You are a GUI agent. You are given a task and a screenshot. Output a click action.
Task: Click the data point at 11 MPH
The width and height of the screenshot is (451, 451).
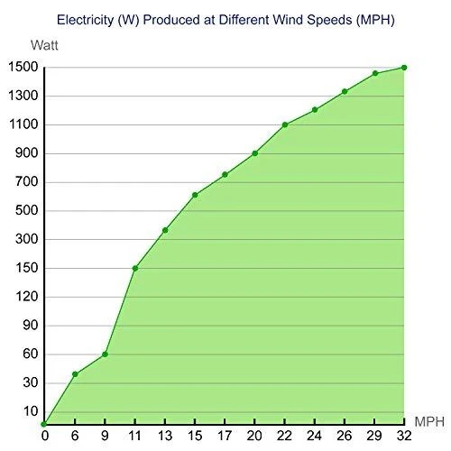[135, 268]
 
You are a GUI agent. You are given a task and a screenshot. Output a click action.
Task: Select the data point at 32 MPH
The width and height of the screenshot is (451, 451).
[404, 68]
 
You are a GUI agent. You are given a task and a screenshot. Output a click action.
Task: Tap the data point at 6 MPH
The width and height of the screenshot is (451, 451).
[75, 374]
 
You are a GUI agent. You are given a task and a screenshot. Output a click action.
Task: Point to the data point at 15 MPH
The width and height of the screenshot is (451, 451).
[195, 195]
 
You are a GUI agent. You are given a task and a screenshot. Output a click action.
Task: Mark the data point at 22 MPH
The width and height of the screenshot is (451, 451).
[285, 124]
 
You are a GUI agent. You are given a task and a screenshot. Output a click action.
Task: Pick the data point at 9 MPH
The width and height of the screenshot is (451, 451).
[105, 354]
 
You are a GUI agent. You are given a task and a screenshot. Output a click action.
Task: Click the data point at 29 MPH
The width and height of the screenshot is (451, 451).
[375, 73]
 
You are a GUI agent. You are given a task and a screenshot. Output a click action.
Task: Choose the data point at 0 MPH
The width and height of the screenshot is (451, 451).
[44, 424]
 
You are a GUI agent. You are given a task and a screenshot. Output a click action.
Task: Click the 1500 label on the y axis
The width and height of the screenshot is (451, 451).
[23, 67]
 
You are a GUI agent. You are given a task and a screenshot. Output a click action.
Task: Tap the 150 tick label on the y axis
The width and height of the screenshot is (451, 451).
[27, 268]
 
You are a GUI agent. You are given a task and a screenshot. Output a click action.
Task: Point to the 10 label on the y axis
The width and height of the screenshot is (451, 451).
[31, 411]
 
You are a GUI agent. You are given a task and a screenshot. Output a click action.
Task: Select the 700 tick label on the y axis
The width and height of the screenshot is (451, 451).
[27, 181]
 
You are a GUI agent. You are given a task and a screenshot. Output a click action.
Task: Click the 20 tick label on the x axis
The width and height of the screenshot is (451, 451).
[254, 436]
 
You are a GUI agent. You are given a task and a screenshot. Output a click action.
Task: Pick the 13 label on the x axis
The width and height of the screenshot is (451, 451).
[165, 436]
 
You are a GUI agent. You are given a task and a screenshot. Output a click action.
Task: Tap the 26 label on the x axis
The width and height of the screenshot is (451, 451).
[345, 436]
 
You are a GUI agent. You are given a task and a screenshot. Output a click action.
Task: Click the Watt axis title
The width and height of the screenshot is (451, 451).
[44, 45]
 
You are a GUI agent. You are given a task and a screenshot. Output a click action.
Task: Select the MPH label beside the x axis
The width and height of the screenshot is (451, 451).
[429, 422]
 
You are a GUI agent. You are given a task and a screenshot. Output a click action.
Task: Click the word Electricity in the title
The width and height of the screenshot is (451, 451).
[85, 20]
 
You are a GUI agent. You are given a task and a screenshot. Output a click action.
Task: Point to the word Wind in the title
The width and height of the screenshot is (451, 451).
[288, 20]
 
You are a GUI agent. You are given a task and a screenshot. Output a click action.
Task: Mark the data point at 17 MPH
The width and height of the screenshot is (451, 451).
[225, 174]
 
